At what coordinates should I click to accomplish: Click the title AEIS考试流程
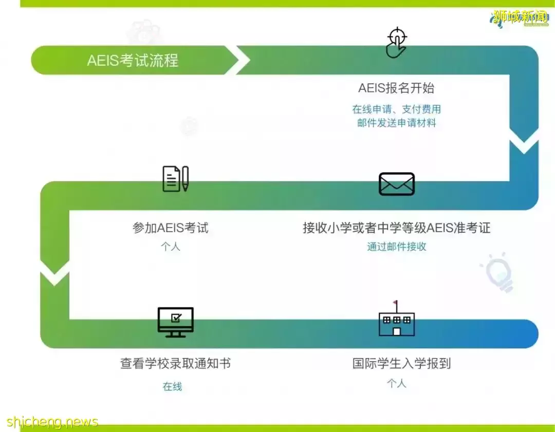click(133, 61)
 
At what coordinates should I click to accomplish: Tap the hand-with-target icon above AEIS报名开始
click(396, 44)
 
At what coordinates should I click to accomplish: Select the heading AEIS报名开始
click(396, 88)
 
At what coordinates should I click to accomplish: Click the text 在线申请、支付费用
click(396, 109)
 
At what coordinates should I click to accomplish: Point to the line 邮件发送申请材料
click(396, 123)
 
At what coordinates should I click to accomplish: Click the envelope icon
click(396, 183)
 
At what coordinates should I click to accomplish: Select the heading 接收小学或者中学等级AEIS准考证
click(396, 228)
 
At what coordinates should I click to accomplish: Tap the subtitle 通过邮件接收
click(396, 247)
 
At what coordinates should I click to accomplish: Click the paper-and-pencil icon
click(175, 179)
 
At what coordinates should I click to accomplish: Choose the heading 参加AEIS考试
click(171, 228)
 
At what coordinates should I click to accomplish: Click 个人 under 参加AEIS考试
click(171, 247)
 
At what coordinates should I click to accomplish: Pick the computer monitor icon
click(175, 322)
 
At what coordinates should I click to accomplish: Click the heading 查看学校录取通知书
click(175, 364)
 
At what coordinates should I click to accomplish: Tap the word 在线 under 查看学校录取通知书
click(173, 387)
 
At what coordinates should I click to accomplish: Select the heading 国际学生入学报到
click(401, 364)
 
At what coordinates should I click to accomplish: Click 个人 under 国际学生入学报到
click(396, 383)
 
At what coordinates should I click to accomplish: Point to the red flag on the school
click(395, 303)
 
